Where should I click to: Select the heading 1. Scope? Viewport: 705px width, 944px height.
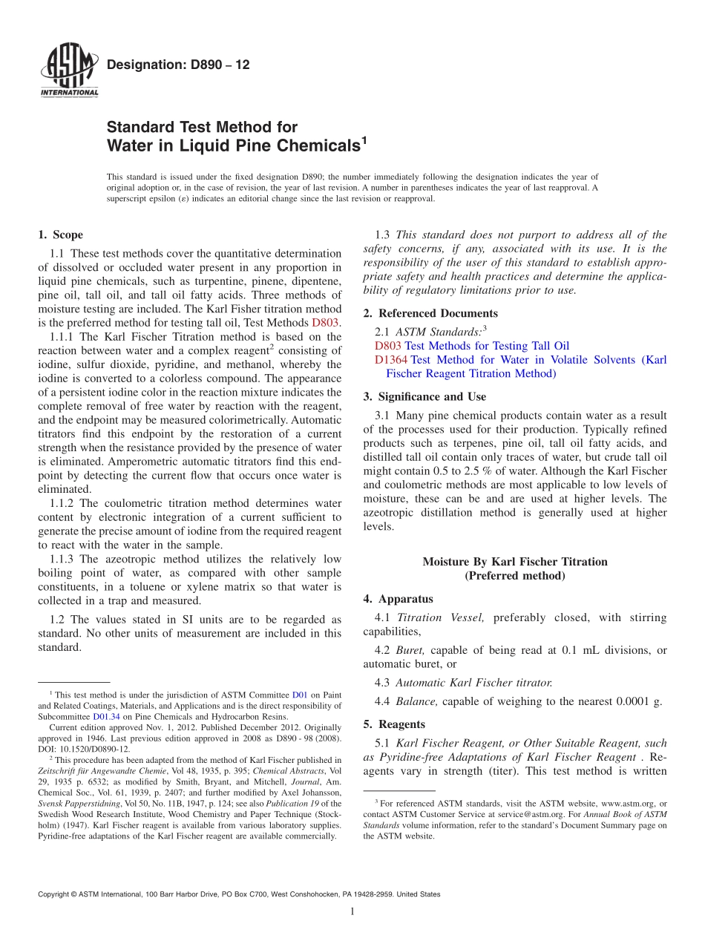pyautogui.click(x=60, y=235)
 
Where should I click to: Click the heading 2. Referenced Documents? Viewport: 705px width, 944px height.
pyautogui.click(x=430, y=313)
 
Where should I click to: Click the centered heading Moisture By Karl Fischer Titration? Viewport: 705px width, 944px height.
pyautogui.click(x=514, y=562)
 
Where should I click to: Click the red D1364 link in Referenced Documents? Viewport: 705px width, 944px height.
pyautogui.click(x=391, y=360)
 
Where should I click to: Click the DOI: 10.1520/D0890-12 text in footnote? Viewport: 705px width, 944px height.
pyautogui.click(x=83, y=750)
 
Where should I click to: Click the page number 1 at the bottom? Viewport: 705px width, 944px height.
pyautogui.click(x=352, y=911)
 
